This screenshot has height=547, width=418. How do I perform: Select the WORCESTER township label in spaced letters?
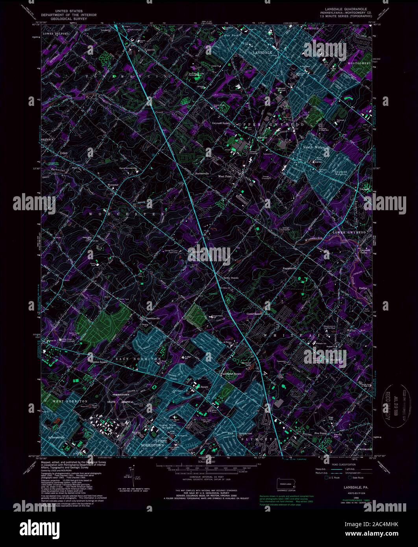tap(126, 214)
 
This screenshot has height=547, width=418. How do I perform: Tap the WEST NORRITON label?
tap(70, 401)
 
